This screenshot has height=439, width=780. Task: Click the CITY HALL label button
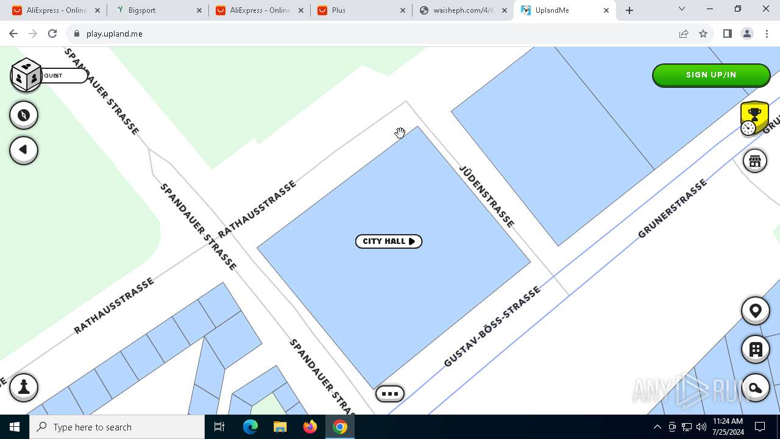coord(388,241)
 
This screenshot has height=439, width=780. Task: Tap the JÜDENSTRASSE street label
coord(487,196)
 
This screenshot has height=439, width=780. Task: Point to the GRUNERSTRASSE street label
coord(672,209)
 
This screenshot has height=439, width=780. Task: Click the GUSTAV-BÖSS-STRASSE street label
coord(492,327)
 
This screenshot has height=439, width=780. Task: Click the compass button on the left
coord(24,115)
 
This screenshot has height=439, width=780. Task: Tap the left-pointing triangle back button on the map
coord(24,150)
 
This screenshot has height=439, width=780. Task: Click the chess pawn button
coord(24,387)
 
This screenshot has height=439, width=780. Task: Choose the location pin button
coord(755,311)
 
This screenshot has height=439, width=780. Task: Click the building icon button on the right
coord(755,349)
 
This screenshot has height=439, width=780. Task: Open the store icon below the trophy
coord(754,161)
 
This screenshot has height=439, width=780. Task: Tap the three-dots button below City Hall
coord(390,394)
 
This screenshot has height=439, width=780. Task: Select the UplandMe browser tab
coord(563,10)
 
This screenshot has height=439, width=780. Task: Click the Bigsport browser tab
coord(157,10)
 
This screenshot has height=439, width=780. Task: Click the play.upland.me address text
coord(115,34)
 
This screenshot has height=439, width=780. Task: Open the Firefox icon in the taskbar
coord(310,427)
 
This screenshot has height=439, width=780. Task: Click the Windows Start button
coord(15,427)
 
